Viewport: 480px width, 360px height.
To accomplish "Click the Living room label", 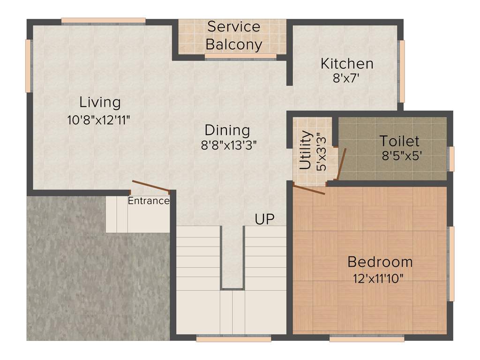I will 100,102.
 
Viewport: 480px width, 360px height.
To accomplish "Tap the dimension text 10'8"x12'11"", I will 98,120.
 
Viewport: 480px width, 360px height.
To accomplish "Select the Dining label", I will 227,130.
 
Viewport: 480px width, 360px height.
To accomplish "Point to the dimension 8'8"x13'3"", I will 229,145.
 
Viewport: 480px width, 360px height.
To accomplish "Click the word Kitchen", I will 347,63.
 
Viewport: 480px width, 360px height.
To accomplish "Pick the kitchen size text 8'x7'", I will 346,78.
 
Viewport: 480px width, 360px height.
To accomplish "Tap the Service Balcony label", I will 233,36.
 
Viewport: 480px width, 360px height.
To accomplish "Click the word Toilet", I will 399,141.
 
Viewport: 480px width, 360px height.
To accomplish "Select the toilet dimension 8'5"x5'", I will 403,156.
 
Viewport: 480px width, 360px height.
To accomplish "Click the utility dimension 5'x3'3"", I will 321,151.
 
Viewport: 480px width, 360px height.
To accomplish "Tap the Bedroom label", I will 380,261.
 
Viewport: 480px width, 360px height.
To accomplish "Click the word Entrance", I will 149,201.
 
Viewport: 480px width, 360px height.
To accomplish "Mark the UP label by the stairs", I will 264,219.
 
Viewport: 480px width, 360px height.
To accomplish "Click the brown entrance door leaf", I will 150,186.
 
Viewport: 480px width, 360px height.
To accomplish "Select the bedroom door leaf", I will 309,189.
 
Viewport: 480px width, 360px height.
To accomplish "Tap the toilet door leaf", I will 342,164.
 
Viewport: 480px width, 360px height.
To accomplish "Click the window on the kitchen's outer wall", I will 401,71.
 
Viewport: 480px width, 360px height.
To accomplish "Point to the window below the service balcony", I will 240,56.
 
